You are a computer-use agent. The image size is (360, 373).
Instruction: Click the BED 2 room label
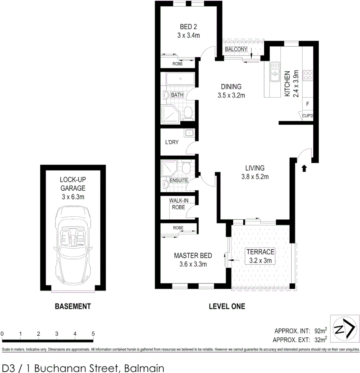pyautogui.click(x=188, y=27)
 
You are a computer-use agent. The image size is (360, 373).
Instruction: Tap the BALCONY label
pyautogui.click(x=236, y=49)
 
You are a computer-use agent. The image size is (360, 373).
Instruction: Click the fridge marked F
pyautogui.click(x=307, y=103)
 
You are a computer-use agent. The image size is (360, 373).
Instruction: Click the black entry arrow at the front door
pyautogui.click(x=304, y=168)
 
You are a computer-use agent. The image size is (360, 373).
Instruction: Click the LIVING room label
pyautogui.click(x=255, y=168)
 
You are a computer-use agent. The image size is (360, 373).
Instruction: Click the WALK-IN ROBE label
pyautogui.click(x=177, y=204)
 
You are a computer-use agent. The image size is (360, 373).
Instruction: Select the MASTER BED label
pyautogui.click(x=193, y=256)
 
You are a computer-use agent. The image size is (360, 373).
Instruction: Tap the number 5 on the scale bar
pyautogui.click(x=93, y=334)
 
